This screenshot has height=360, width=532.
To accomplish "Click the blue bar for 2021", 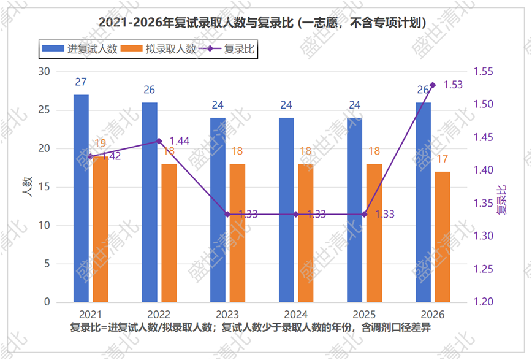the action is (x=81, y=198).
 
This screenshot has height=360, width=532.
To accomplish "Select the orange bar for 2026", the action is (x=443, y=237).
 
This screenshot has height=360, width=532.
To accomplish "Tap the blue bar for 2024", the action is (x=286, y=210).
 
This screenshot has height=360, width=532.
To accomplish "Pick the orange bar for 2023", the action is (x=238, y=233).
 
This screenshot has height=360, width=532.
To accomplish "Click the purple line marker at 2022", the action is (x=159, y=141).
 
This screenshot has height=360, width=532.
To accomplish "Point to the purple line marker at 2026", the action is (x=433, y=85).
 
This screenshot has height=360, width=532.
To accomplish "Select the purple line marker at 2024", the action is (x=296, y=214).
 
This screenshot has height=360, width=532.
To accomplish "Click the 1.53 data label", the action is (x=453, y=85).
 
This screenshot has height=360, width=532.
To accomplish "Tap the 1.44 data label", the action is (x=180, y=140).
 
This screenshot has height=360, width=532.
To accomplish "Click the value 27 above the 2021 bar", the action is (x=81, y=82).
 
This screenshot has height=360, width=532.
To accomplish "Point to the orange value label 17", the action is (x=442, y=159).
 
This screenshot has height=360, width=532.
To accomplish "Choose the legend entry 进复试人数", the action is (x=80, y=49).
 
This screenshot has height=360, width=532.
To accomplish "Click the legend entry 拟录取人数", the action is (x=159, y=49).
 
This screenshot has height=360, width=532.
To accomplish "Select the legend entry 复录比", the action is (x=227, y=49).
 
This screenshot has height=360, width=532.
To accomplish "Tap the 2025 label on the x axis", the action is (x=364, y=314).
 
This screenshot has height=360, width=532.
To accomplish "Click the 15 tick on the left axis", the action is (x=44, y=187).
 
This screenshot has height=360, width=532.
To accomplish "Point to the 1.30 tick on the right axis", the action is (x=483, y=236).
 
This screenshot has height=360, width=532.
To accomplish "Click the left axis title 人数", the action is (x=27, y=187).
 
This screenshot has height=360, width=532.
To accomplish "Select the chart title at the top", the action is (x=262, y=23).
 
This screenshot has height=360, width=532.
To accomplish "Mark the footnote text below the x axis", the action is (x=251, y=327).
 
